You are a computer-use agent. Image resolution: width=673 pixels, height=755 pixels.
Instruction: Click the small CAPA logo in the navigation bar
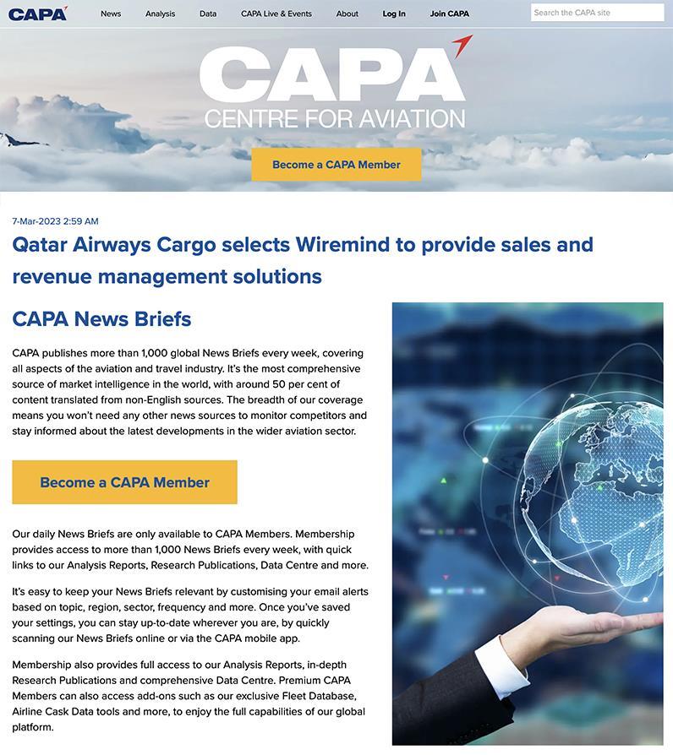click(x=37, y=14)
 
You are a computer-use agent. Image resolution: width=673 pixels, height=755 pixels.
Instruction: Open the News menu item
click(x=111, y=14)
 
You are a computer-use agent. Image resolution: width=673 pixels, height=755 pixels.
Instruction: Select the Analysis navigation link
click(x=160, y=14)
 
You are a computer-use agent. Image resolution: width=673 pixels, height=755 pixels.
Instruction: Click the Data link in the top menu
click(x=208, y=14)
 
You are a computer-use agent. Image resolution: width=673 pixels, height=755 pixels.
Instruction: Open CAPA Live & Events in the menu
click(x=276, y=14)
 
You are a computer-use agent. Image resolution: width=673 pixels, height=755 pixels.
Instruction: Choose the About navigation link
click(x=347, y=14)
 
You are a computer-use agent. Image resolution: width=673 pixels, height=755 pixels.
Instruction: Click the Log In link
click(x=394, y=14)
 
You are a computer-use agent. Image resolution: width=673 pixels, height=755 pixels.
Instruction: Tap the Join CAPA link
click(x=449, y=14)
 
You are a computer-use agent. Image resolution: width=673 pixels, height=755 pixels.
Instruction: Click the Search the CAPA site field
click(x=597, y=13)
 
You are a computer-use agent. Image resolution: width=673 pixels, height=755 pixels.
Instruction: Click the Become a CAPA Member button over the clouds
click(x=336, y=165)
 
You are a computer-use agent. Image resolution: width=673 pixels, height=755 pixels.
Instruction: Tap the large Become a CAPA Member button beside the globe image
click(x=124, y=482)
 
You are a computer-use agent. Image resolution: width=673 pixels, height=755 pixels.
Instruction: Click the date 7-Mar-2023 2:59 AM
click(x=55, y=221)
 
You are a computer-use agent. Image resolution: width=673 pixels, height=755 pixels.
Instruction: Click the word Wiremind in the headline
click(x=343, y=245)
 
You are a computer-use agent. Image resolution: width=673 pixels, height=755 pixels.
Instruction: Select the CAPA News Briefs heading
click(x=101, y=319)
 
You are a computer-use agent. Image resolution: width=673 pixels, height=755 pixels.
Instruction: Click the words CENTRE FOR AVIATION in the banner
click(x=335, y=118)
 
